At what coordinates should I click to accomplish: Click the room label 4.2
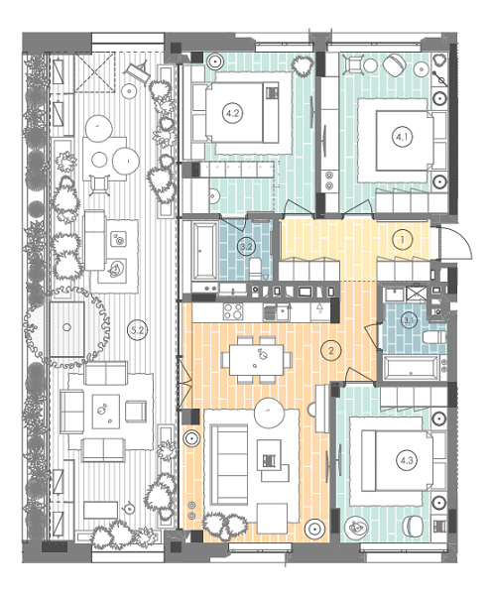pos(233,114)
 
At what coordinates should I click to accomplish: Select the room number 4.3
pos(406,459)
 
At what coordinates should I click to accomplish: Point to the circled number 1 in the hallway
pos(402,239)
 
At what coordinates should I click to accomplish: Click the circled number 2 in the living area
pos(332,349)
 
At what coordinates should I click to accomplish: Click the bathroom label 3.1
pos(408,319)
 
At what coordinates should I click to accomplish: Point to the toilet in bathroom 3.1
pos(430,338)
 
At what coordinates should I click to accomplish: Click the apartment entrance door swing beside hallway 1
pos(453,243)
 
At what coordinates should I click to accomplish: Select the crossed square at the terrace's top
pos(97,74)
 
